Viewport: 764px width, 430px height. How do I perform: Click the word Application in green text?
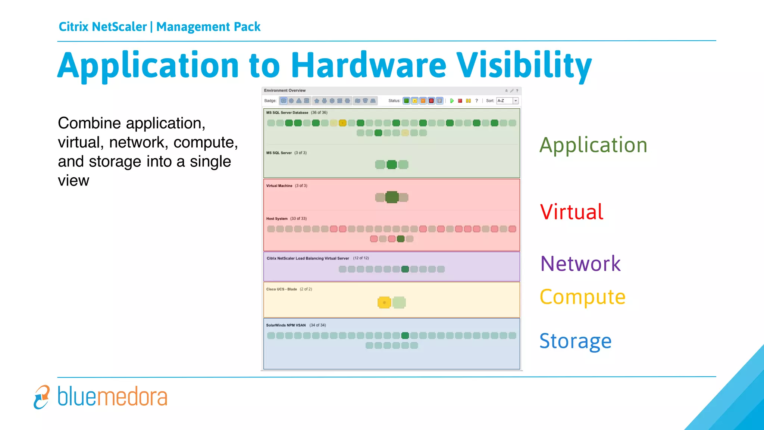pyautogui.click(x=593, y=145)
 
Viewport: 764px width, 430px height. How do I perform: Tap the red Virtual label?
pyautogui.click(x=572, y=212)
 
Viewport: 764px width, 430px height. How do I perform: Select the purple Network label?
pyautogui.click(x=580, y=264)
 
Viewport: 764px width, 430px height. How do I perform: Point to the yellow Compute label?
pyautogui.click(x=582, y=297)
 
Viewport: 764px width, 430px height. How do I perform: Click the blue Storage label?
pyautogui.click(x=575, y=341)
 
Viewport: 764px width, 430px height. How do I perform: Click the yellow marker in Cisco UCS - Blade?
pyautogui.click(x=384, y=302)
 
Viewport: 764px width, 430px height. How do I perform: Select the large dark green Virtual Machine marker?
pyautogui.click(x=392, y=197)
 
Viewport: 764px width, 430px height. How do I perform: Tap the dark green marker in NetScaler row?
pyautogui.click(x=405, y=269)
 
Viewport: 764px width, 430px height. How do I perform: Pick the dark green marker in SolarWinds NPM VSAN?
pyautogui.click(x=405, y=336)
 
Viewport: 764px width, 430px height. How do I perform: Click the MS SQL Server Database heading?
pyautogui.click(x=287, y=112)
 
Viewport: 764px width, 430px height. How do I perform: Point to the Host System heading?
pyautogui.click(x=277, y=219)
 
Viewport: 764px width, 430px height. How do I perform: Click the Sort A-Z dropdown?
pyautogui.click(x=507, y=101)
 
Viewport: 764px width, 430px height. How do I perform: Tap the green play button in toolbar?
pyautogui.click(x=452, y=101)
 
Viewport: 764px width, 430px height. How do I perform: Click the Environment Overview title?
pyautogui.click(x=285, y=90)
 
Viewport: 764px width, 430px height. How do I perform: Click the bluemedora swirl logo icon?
pyautogui.click(x=41, y=397)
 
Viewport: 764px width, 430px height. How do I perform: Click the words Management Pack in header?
pyautogui.click(x=208, y=27)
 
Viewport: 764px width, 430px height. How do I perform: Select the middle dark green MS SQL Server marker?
pyautogui.click(x=392, y=165)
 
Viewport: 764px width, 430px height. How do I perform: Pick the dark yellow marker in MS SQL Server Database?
pyautogui.click(x=342, y=123)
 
